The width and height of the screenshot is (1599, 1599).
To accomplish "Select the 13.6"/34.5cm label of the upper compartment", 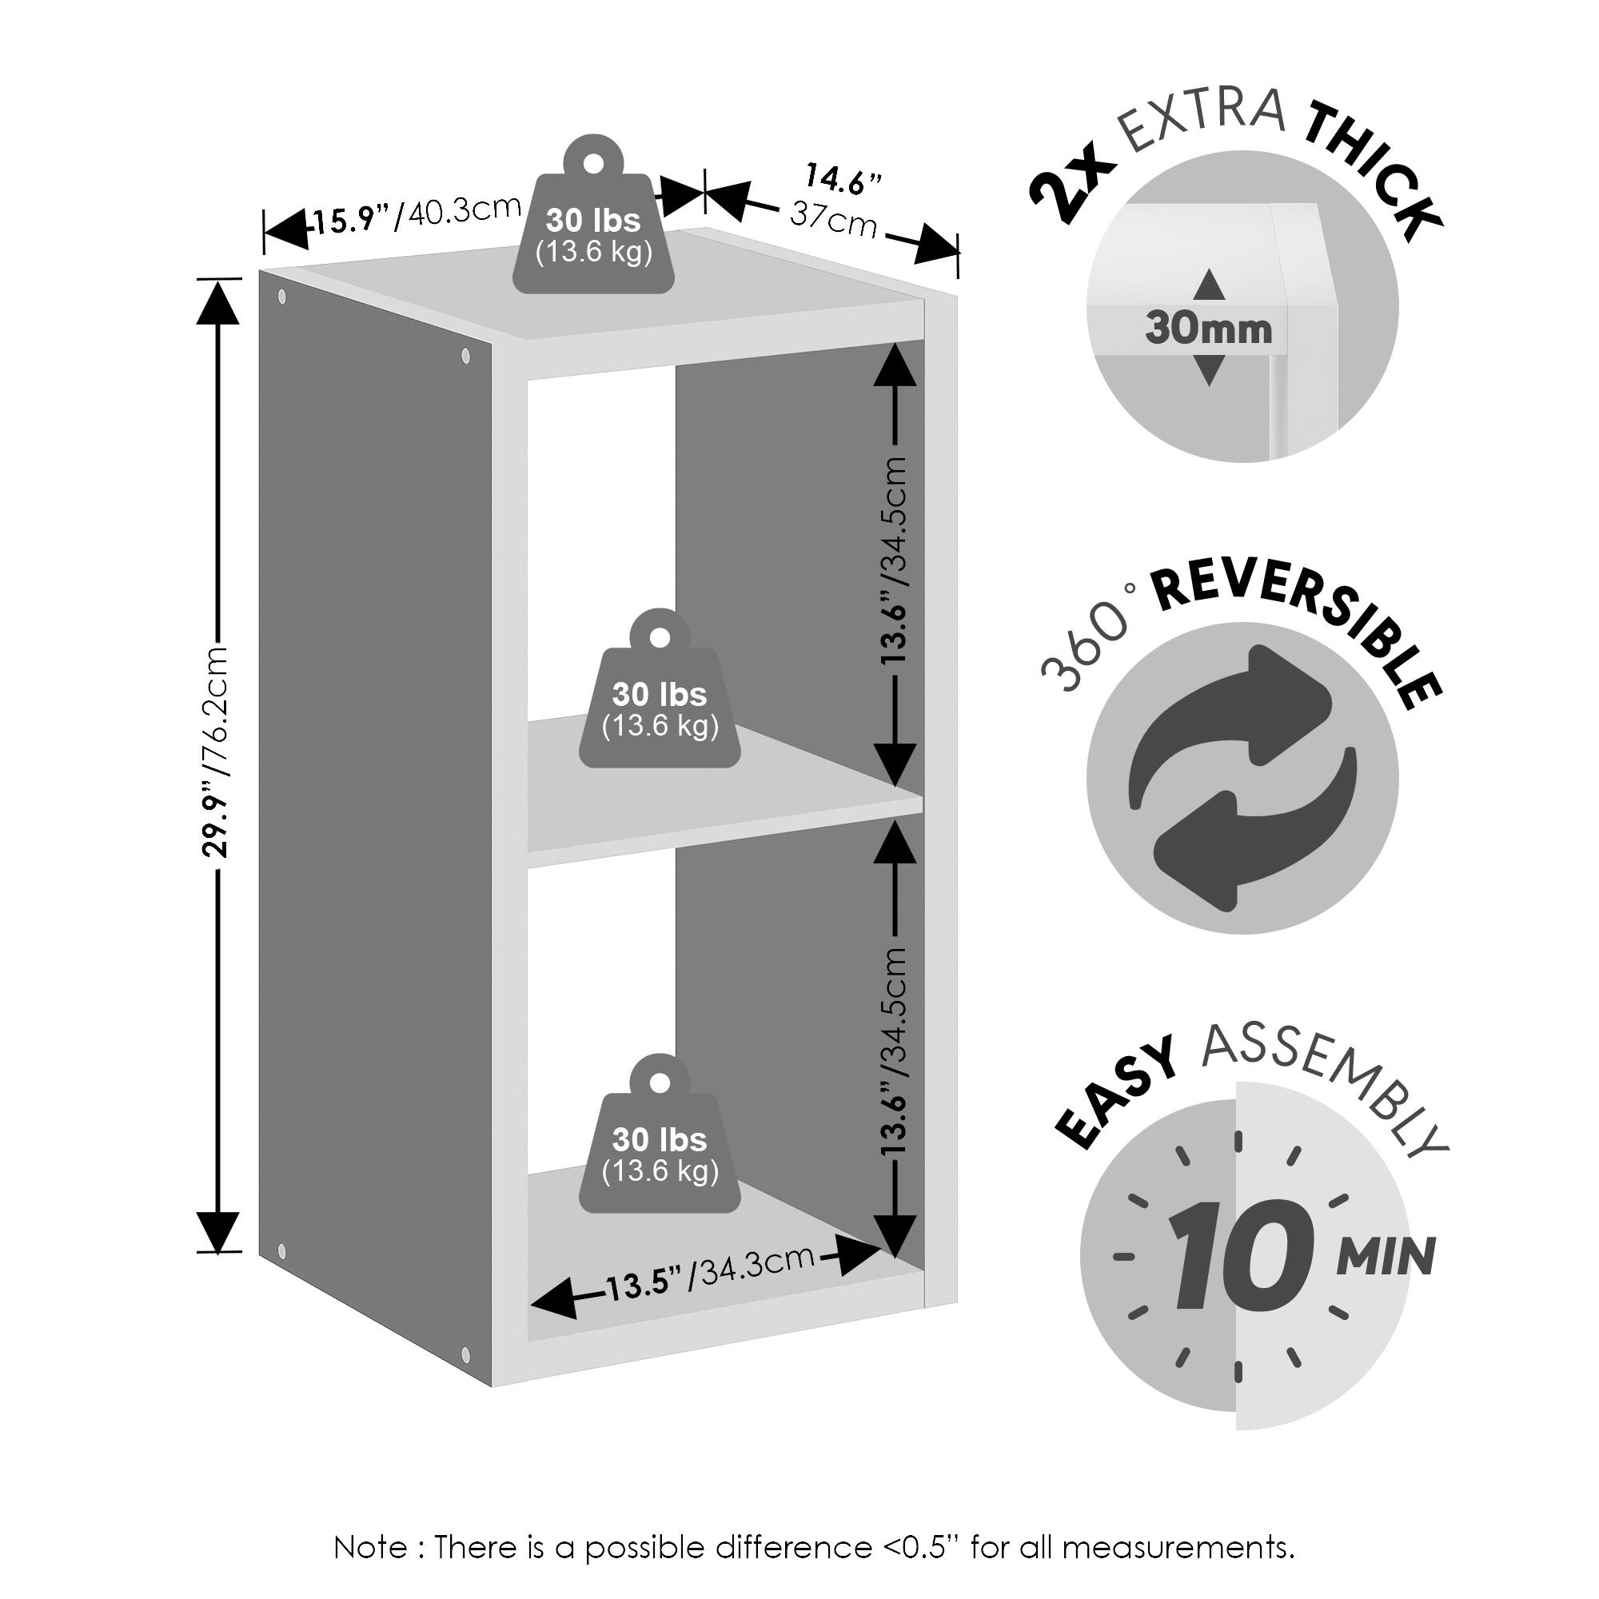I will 895,560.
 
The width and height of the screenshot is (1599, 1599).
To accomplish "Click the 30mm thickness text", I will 1208,329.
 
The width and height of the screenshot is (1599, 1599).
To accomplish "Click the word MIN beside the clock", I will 1386,1258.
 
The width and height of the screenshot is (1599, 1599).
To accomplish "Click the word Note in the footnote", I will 369,1547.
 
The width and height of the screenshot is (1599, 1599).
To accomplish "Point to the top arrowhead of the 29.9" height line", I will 217,302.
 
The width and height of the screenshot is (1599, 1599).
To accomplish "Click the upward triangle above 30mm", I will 1209,285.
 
